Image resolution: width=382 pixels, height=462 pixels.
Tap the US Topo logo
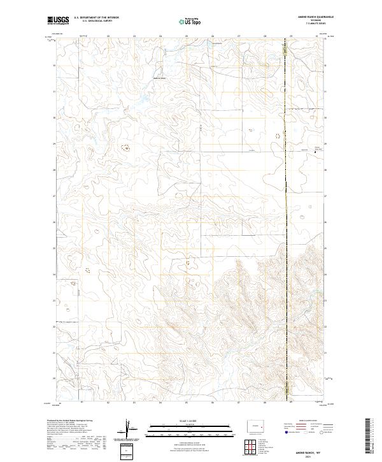190,22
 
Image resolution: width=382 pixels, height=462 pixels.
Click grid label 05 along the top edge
186,36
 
